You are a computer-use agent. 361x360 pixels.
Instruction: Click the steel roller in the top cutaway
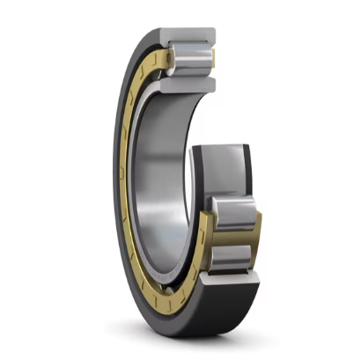pos(193,61)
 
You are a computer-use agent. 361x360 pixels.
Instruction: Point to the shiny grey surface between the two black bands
pos(224,172)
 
